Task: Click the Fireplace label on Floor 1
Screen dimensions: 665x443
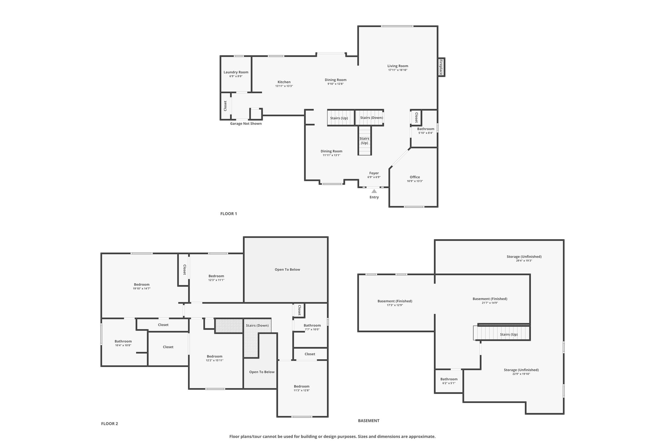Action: [x=441, y=67]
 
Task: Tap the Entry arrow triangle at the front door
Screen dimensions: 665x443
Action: [x=374, y=191]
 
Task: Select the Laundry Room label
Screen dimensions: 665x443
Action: [x=236, y=72]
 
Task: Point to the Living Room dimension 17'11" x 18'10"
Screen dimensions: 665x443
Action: [x=398, y=70]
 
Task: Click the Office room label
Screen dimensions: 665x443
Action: [x=415, y=177]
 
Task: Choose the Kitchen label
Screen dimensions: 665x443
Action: [x=284, y=82]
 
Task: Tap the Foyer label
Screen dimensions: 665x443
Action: [x=374, y=173]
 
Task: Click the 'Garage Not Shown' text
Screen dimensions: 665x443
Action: [x=246, y=124]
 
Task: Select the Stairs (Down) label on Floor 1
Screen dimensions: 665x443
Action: [x=371, y=118]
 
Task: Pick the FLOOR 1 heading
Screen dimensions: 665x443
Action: [x=229, y=214]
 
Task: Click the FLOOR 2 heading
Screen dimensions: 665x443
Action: [x=109, y=424]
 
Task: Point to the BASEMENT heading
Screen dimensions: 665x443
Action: [x=369, y=421]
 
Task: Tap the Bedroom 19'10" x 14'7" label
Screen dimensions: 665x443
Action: [x=142, y=287]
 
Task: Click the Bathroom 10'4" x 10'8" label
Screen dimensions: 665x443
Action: [x=123, y=343]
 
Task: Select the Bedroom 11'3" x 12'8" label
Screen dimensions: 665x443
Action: [x=302, y=388]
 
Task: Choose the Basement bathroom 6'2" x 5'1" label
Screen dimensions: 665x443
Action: [x=449, y=381]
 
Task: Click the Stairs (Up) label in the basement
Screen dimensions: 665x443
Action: [x=509, y=335]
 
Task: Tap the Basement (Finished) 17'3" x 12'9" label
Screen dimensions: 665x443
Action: [x=395, y=303]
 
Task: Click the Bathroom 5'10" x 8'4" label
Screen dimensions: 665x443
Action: [x=426, y=131]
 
